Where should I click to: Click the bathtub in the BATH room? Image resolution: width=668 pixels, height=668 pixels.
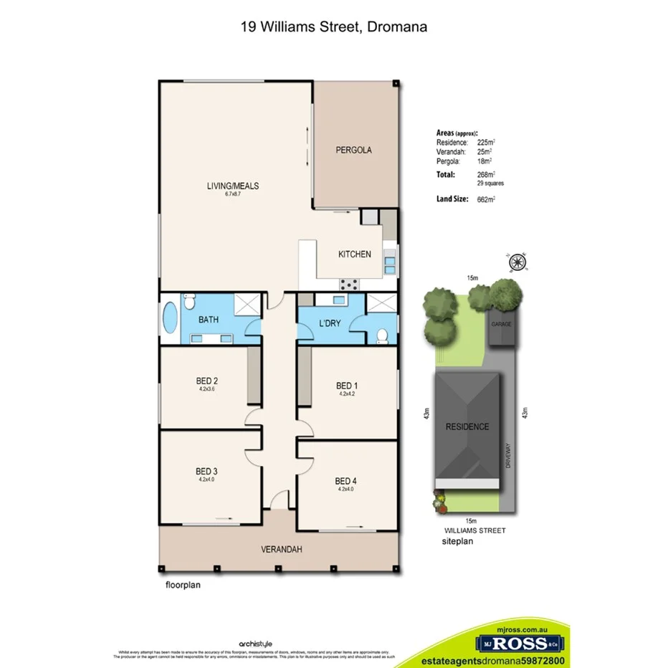click(x=170, y=318)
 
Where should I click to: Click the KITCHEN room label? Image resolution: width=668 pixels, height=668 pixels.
click(x=355, y=254)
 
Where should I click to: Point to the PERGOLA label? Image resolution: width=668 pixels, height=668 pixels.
click(x=354, y=151)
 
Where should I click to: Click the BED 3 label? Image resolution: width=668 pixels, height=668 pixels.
click(x=206, y=472)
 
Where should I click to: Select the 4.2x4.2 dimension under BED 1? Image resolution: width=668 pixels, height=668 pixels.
click(x=348, y=393)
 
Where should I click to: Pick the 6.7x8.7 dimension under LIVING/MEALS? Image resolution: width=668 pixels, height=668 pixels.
click(x=232, y=195)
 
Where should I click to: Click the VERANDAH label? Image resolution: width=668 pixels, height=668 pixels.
click(x=281, y=550)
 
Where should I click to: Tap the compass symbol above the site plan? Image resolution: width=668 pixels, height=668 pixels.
click(x=516, y=263)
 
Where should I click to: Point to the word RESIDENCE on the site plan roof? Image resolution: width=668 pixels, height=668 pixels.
click(x=467, y=427)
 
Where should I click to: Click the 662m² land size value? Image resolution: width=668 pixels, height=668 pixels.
click(x=487, y=199)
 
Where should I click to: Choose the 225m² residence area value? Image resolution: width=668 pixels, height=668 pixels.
click(x=487, y=143)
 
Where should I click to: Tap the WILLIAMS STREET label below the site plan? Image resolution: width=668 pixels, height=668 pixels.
click(x=474, y=530)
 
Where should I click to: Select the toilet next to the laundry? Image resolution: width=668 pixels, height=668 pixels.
click(x=383, y=334)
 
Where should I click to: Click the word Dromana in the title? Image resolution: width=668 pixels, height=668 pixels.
click(x=399, y=27)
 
